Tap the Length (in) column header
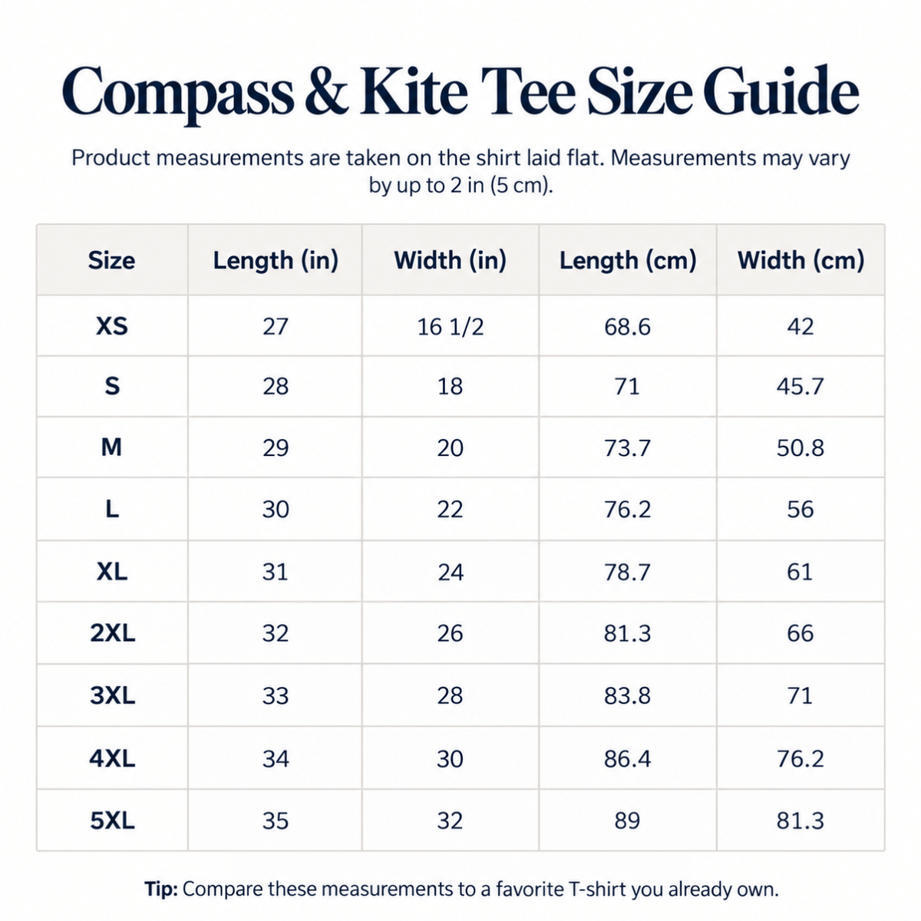tap(276, 260)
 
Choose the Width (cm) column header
tap(801, 260)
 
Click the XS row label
tap(112, 326)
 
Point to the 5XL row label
tap(112, 820)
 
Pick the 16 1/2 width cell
tap(451, 327)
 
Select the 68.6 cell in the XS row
tap(627, 327)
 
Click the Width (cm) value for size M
tap(800, 447)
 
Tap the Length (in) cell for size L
tap(276, 509)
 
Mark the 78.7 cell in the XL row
tap(627, 572)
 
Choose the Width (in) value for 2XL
tap(450, 633)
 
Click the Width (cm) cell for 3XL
tap(800, 695)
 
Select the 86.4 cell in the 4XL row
tap(627, 758)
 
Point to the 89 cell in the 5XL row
tap(627, 820)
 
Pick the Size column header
tap(111, 260)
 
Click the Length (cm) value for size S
tap(627, 386)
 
